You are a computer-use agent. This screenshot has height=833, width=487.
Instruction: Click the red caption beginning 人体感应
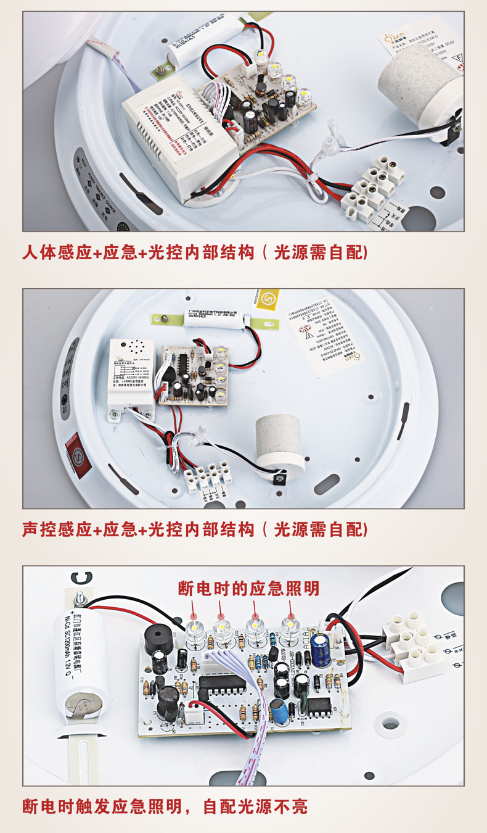195,253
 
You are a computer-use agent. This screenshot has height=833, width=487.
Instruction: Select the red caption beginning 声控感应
195,529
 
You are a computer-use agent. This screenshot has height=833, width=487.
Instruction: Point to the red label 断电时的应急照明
248,588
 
